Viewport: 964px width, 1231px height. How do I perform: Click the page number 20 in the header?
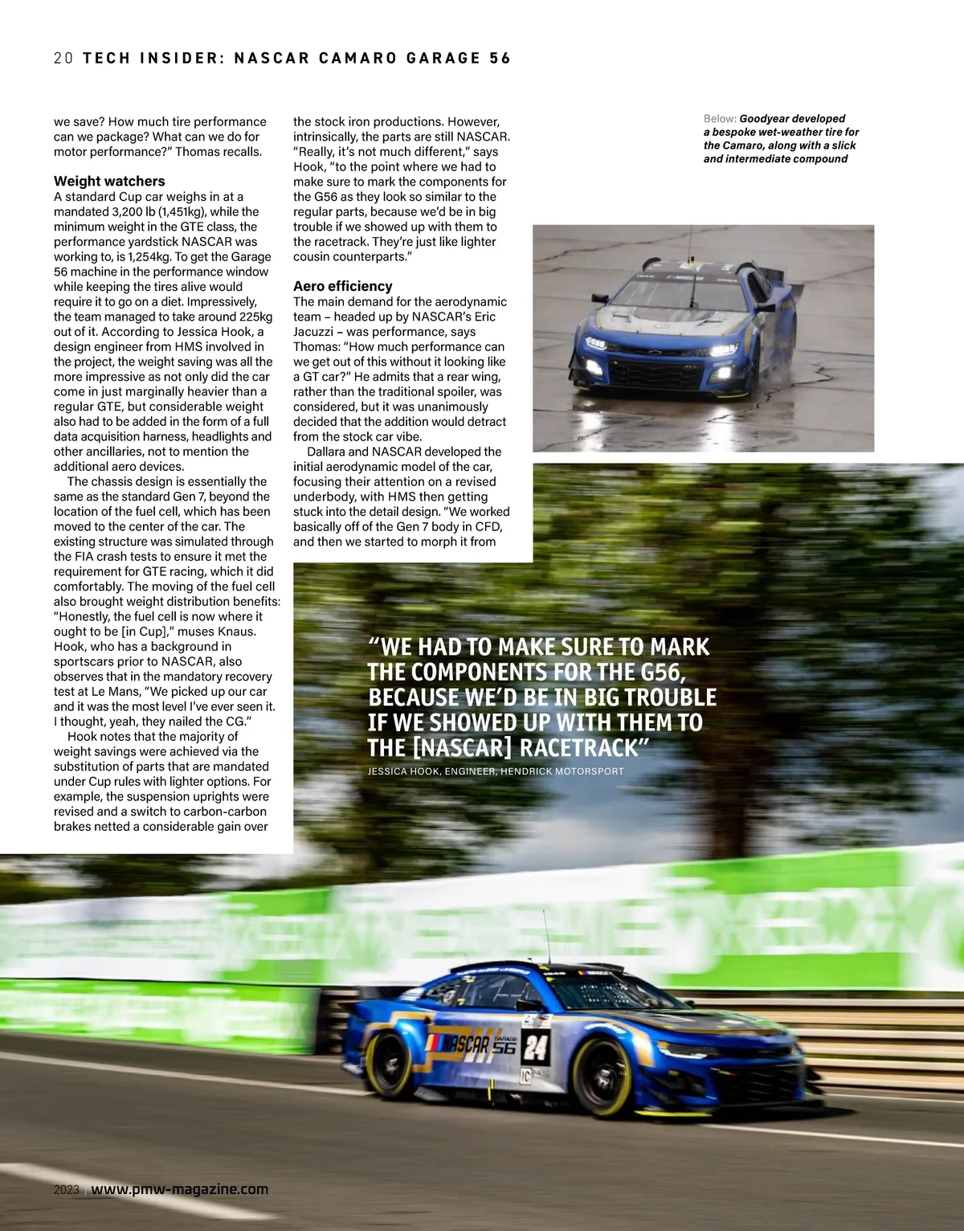pyautogui.click(x=63, y=58)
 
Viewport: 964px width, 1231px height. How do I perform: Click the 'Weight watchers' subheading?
pyautogui.click(x=109, y=182)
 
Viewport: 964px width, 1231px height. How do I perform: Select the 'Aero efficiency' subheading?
pyautogui.click(x=342, y=286)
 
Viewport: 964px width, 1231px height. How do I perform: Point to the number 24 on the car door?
pyautogui.click(x=535, y=1047)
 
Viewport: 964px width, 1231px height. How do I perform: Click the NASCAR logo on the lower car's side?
pyautogui.click(x=461, y=1045)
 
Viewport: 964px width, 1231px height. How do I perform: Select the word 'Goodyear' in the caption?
pyautogui.click(x=765, y=119)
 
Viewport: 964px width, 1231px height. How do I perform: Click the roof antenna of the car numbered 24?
pyautogui.click(x=546, y=936)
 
